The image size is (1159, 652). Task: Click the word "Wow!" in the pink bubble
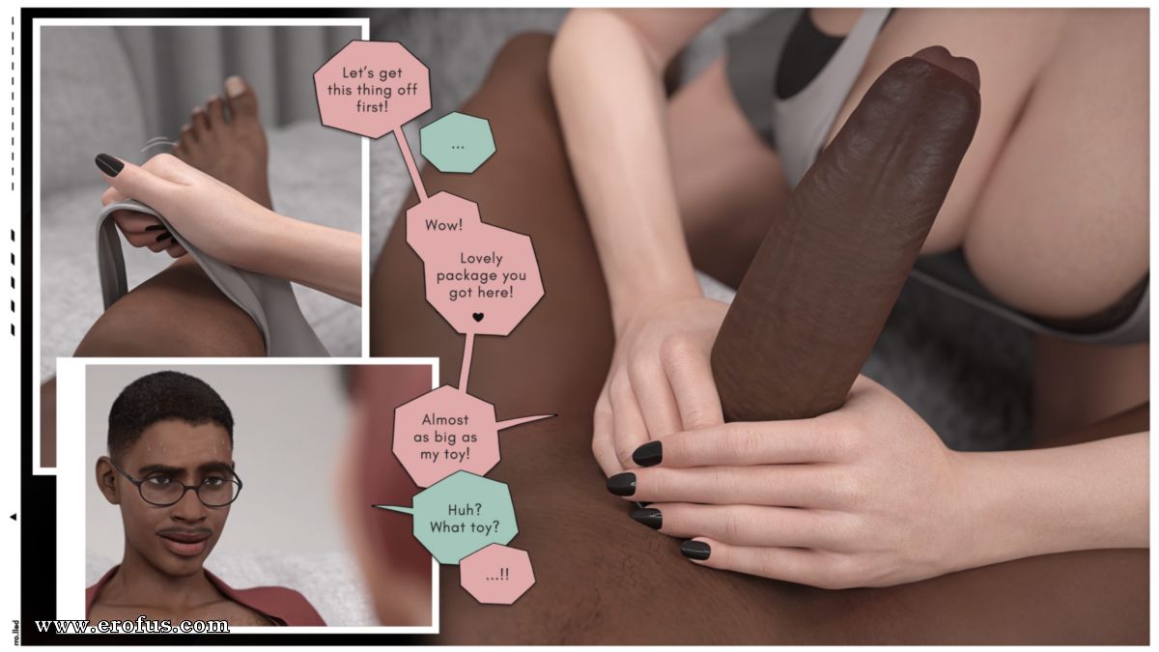point(443,225)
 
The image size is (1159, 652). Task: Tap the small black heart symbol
point(478,317)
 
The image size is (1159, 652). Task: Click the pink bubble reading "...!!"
point(497,574)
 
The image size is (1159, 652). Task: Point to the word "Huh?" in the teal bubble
point(465,510)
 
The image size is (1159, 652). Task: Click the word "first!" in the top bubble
point(372,106)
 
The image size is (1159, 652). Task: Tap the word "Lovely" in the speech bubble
point(481,258)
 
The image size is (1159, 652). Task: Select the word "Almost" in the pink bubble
point(445,418)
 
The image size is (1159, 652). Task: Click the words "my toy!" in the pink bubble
point(445,454)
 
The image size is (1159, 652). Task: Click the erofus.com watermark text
point(132,626)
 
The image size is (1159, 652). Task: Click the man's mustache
point(184,531)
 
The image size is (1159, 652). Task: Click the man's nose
point(192,510)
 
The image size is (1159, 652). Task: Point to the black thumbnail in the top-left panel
point(110,163)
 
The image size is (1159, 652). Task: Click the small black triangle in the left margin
point(14,517)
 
